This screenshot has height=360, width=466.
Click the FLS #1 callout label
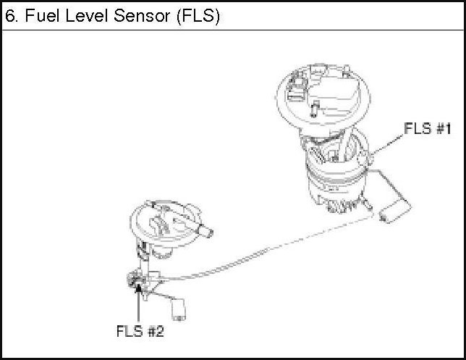[428, 129]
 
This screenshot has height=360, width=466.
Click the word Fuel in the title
[37, 16]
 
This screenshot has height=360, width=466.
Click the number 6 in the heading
[9, 16]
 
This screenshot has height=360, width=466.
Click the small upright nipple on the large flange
[314, 109]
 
